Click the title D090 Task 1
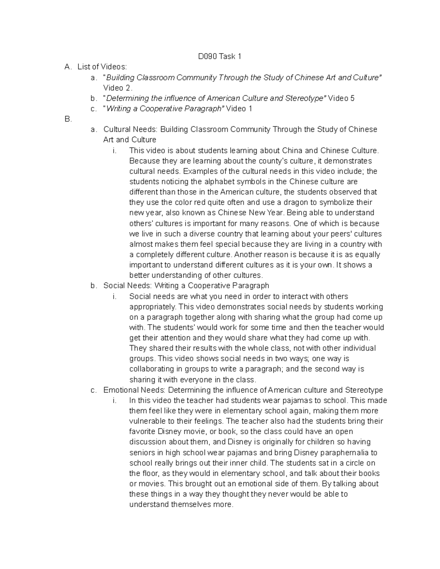(220, 56)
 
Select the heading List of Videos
(102, 67)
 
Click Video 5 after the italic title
(341, 98)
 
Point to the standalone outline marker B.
(68, 119)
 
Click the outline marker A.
(67, 67)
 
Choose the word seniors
(141, 452)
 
